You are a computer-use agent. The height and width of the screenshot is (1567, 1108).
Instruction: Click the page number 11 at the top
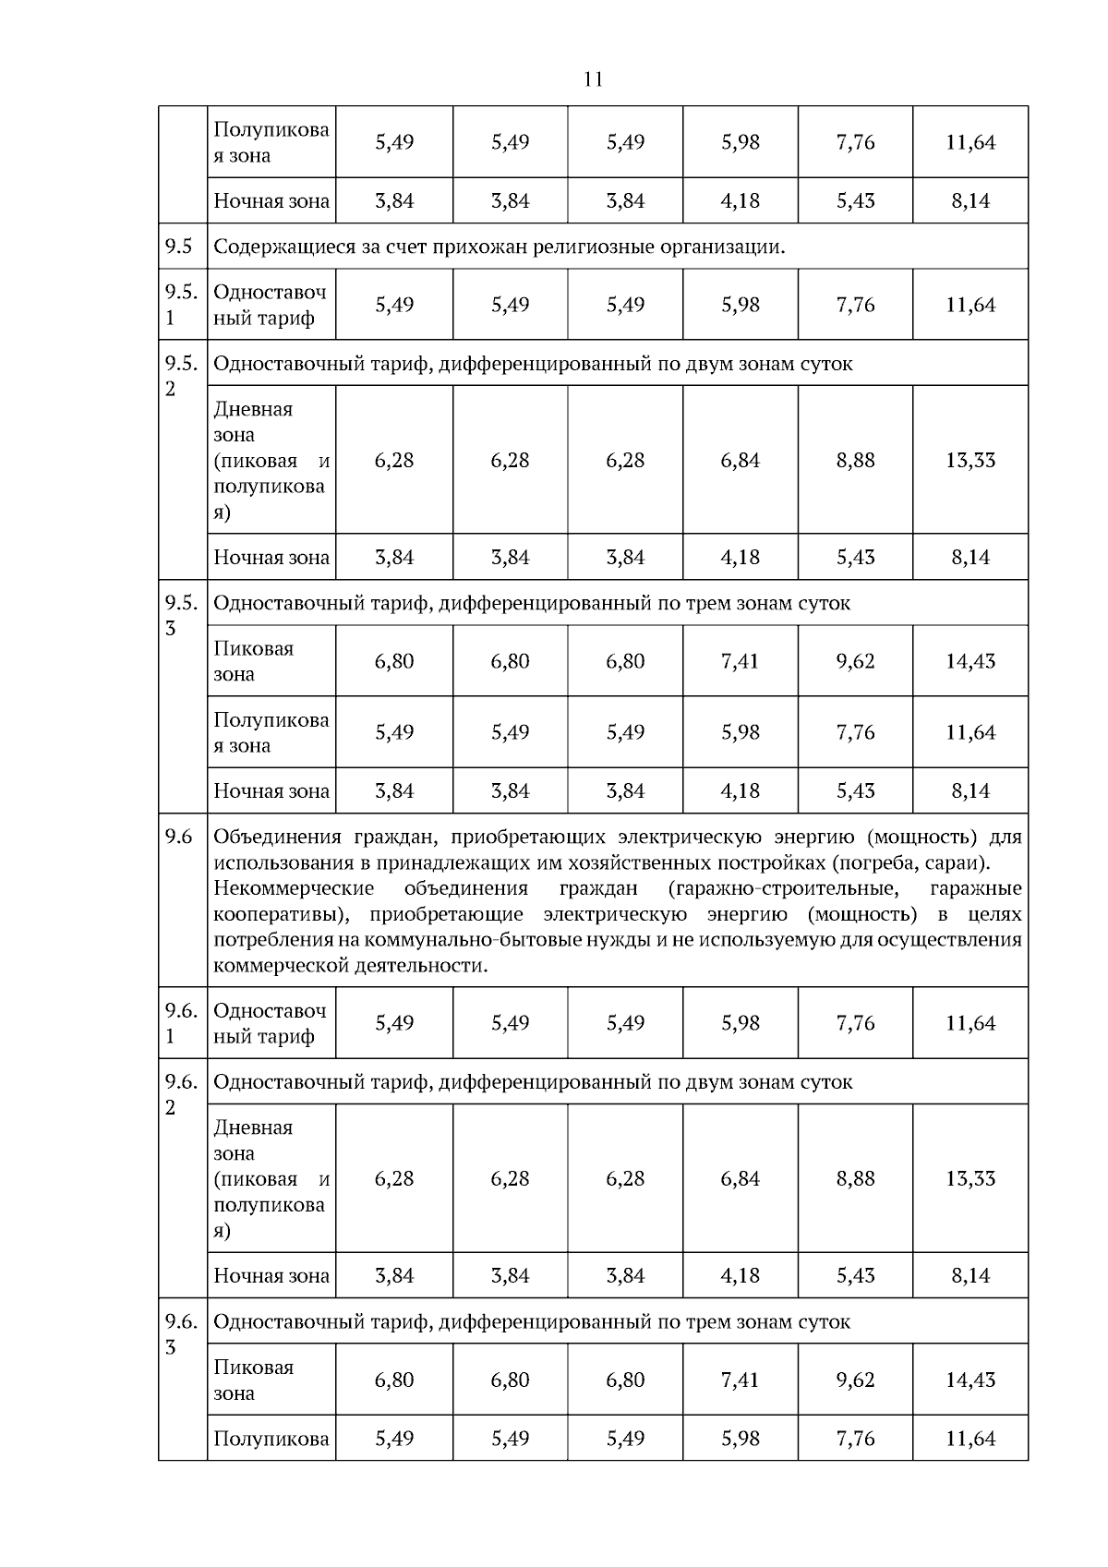pyautogui.click(x=594, y=79)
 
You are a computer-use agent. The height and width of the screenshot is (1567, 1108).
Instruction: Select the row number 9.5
pyautogui.click(x=179, y=247)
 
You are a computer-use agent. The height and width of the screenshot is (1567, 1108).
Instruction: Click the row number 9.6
pyautogui.click(x=179, y=837)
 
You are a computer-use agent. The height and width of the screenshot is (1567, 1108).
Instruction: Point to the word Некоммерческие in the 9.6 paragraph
pyautogui.click(x=294, y=888)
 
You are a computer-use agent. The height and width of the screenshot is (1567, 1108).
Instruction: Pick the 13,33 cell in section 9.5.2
pyautogui.click(x=969, y=460)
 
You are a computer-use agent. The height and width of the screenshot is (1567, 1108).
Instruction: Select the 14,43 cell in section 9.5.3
pyautogui.click(x=969, y=661)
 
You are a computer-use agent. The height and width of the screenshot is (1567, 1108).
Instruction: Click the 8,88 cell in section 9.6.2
pyautogui.click(x=855, y=1178)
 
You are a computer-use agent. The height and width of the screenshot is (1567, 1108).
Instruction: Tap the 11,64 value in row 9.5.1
pyautogui.click(x=969, y=305)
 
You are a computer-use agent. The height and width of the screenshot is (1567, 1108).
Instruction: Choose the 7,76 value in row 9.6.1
pyautogui.click(x=855, y=1023)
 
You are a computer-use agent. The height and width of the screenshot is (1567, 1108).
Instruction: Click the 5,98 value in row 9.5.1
pyautogui.click(x=740, y=305)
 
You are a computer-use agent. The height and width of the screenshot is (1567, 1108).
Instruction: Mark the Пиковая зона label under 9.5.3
pyautogui.click(x=254, y=661)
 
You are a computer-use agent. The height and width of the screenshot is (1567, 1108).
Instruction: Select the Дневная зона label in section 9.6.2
pyautogui.click(x=253, y=1139)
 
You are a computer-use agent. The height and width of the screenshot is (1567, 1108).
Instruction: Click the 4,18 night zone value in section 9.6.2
pyautogui.click(x=740, y=1275)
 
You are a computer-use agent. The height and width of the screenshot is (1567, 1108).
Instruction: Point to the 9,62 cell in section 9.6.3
pyautogui.click(x=855, y=1380)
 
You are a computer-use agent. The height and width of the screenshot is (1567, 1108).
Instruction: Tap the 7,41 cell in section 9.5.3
pyautogui.click(x=740, y=661)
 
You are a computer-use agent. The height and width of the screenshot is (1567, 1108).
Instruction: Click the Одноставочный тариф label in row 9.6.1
pyautogui.click(x=270, y=1023)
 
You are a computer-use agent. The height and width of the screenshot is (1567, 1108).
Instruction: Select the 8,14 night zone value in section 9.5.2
pyautogui.click(x=969, y=557)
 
